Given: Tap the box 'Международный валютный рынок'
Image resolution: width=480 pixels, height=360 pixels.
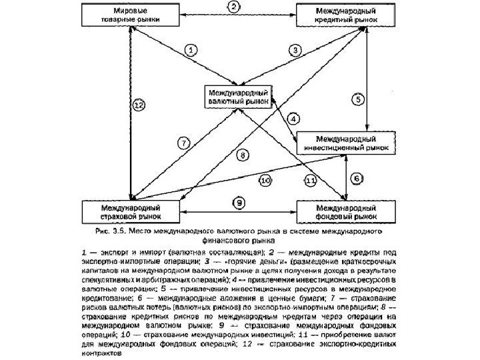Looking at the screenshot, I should point(239,97).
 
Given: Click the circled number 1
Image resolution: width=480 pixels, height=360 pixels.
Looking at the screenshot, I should point(191,49).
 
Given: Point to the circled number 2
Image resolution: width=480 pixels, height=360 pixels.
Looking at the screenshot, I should point(234,7).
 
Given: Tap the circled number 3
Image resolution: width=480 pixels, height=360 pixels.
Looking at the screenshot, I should point(295,49).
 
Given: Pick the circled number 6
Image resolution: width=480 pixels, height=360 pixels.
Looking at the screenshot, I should point(358,179).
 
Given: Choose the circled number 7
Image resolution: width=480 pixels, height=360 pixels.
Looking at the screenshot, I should point(185,141).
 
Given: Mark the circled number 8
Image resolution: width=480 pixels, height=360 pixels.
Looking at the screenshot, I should point(243,155).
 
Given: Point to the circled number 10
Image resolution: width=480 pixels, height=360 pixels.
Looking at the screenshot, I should point(265,180).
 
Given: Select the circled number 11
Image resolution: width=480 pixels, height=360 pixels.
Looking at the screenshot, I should point(310,181).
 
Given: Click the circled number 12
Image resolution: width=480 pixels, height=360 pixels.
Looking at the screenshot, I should point(138,105).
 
